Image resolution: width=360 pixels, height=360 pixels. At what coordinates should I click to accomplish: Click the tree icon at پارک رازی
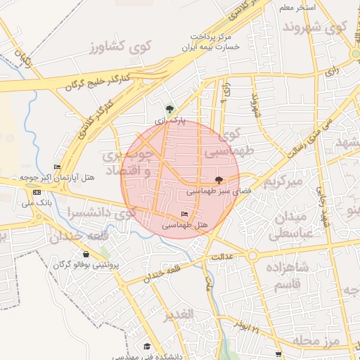pyautogui.click(x=169, y=109)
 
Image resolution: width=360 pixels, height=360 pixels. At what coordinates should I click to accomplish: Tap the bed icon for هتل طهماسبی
pyautogui.click(x=185, y=214)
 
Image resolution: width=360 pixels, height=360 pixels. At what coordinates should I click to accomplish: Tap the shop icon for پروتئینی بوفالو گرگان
pyautogui.click(x=86, y=255)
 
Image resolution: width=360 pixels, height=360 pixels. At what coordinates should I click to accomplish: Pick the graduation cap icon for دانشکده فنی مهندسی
pyautogui.click(x=147, y=346)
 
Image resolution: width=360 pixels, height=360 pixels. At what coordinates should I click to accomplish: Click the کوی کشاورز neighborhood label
pyautogui.click(x=121, y=47)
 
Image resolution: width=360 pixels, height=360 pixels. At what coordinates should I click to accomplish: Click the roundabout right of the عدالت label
pyautogui.click(x=251, y=256)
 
